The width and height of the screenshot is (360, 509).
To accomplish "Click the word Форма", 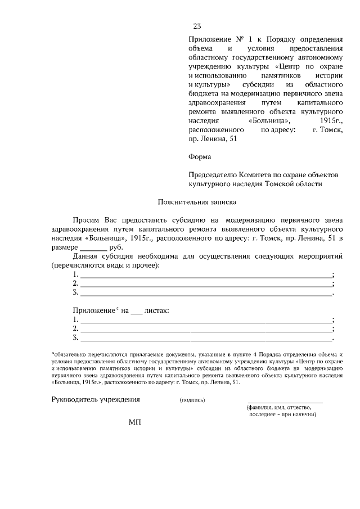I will (x=200, y=157).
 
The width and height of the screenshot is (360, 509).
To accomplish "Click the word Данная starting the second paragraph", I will (x=87, y=256).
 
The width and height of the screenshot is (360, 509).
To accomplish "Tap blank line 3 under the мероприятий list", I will (x=206, y=294).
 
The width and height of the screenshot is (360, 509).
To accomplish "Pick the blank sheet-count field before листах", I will (x=137, y=310).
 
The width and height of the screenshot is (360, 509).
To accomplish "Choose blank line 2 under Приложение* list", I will (x=206, y=329).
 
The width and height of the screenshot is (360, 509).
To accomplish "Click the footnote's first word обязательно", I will (x=70, y=354).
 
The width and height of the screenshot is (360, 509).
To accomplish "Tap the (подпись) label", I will (x=192, y=400).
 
